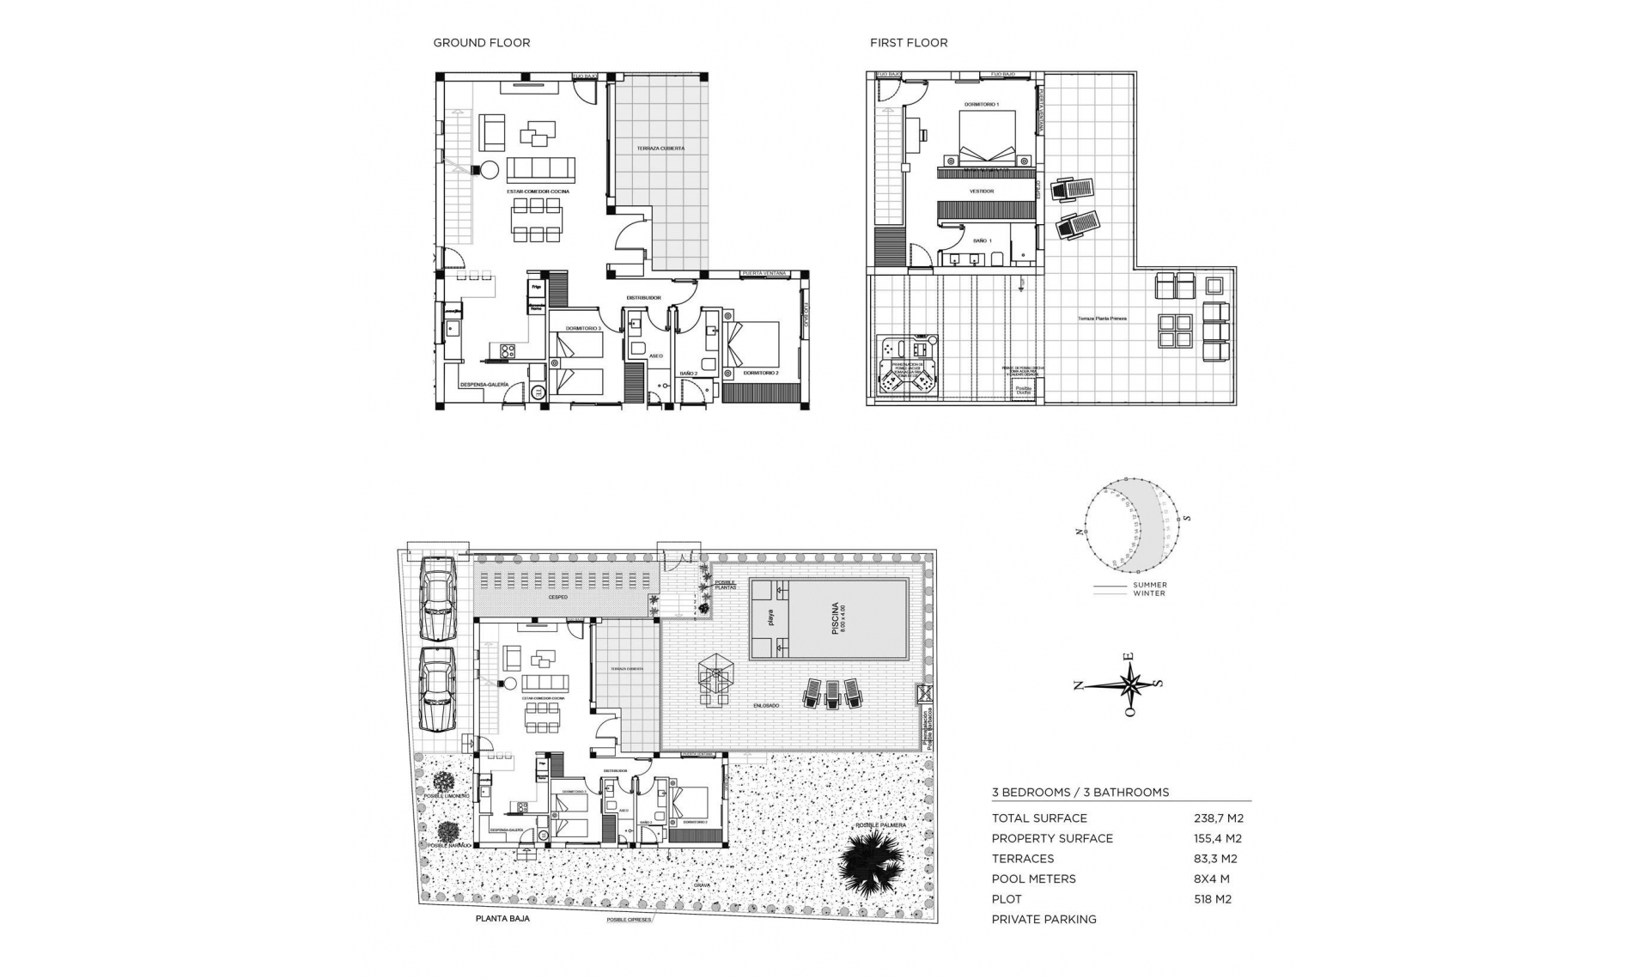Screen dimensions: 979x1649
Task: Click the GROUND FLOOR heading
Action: coord(481,43)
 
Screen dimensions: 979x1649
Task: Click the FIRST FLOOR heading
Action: coord(908,43)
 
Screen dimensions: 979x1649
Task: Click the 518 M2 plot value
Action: coord(1213,899)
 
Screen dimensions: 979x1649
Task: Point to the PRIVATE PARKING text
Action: coord(1044,920)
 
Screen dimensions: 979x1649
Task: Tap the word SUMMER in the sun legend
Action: coord(1149,586)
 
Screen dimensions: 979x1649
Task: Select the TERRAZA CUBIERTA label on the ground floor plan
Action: coord(660,149)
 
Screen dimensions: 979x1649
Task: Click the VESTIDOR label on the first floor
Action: coord(981,192)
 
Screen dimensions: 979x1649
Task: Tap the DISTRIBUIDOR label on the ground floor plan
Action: coord(643,298)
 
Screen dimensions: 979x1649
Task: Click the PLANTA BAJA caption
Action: coord(502,919)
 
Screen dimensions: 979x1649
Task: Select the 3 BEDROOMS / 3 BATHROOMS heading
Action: coord(1080,793)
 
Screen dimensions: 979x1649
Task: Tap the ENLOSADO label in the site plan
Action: coord(766,706)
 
